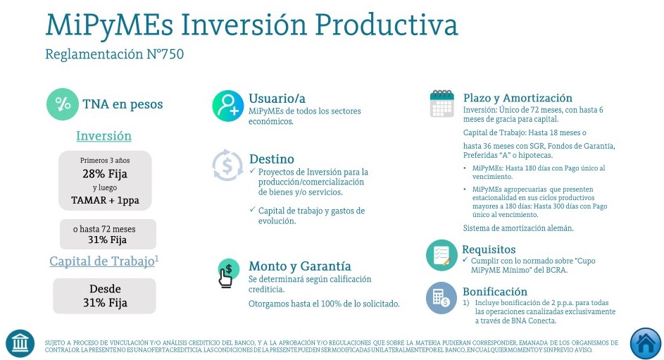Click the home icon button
646,344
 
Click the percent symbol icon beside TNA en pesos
63,104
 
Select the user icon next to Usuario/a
228,106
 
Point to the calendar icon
441,104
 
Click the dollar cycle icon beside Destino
227,165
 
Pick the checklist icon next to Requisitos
441,255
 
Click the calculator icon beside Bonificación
441,298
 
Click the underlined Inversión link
104,136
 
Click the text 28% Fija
105,173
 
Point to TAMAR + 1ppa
105,200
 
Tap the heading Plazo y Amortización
518,98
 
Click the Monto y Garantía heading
300,266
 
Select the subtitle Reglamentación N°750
114,54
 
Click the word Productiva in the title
386,25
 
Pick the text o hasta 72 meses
104,229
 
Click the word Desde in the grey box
105,289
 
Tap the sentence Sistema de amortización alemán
518,228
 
